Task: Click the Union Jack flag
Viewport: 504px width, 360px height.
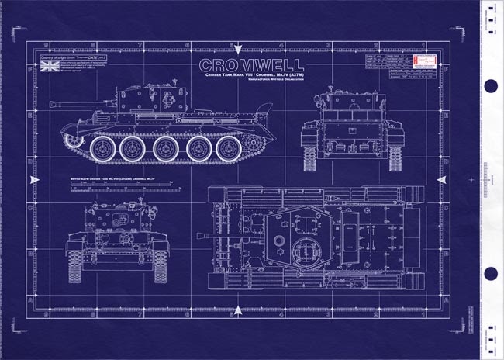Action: click(x=48, y=67)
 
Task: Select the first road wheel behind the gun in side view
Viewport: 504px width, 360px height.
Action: click(x=102, y=147)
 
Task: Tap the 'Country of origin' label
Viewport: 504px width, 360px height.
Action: click(x=55, y=58)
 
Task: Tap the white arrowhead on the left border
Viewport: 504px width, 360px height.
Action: click(x=32, y=180)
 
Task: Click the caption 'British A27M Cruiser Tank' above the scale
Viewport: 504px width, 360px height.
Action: click(x=109, y=180)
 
